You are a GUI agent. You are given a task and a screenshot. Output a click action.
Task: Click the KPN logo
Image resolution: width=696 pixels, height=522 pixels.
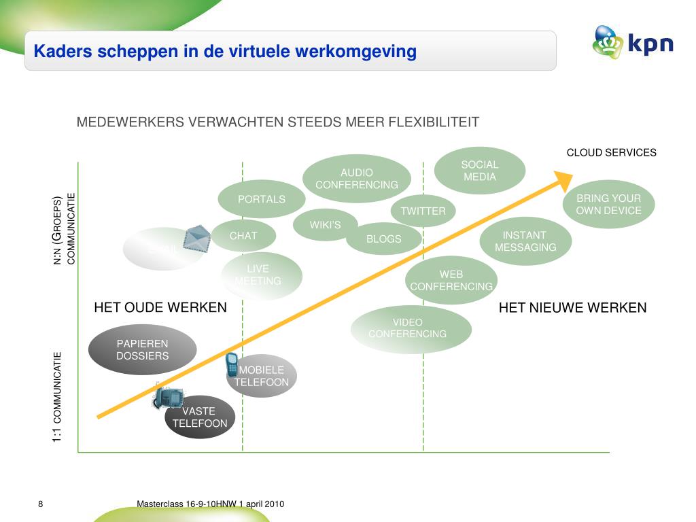[x=632, y=43]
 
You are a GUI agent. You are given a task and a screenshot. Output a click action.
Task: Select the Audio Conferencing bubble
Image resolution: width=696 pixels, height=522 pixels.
[x=357, y=179]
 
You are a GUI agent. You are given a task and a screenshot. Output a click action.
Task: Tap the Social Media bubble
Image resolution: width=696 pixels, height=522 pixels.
[x=480, y=171]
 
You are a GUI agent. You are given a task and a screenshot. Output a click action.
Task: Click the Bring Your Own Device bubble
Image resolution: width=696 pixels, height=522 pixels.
[x=608, y=204]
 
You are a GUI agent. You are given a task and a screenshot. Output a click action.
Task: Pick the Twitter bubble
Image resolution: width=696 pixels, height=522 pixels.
[x=423, y=211]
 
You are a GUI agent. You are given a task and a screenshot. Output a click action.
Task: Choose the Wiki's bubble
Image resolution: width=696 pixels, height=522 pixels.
[x=325, y=225]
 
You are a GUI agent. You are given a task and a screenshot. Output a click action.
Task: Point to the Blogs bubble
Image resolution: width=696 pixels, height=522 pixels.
[x=384, y=239]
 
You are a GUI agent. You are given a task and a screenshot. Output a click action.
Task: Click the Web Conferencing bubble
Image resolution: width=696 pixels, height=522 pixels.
[x=451, y=280]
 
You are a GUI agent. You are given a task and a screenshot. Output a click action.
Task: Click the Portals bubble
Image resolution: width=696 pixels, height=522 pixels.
[x=262, y=199]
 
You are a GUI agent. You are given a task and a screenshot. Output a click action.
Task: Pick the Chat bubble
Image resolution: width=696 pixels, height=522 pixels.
[x=243, y=236]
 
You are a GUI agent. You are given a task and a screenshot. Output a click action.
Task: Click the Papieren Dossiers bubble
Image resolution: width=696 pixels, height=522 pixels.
[x=143, y=349]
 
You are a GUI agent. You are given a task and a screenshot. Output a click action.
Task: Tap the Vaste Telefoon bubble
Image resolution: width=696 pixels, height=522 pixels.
[x=200, y=417]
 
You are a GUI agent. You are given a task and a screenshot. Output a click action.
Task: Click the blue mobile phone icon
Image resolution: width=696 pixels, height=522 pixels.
[x=231, y=364]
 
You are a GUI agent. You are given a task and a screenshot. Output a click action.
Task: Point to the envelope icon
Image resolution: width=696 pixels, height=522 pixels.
[x=196, y=239]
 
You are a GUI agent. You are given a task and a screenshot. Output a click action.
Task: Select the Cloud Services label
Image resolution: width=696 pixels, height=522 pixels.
[x=612, y=152]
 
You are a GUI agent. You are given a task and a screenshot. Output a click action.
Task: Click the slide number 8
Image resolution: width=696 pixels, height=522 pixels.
[x=40, y=504]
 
